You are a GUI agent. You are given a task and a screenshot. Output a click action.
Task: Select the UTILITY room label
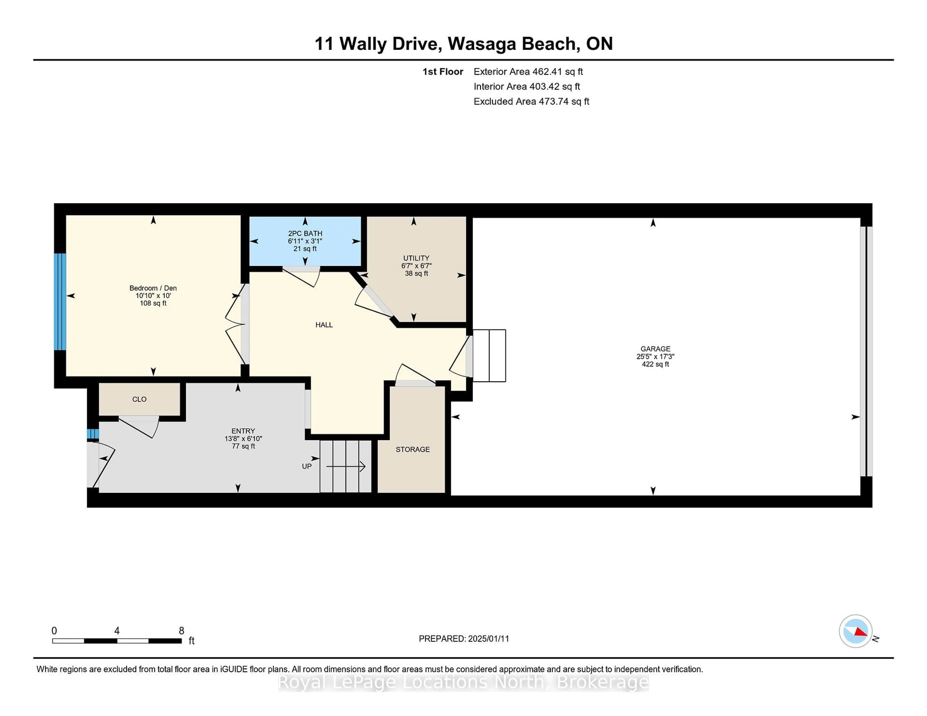tap(416, 258)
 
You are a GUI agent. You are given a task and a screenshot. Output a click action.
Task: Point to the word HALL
tap(324, 325)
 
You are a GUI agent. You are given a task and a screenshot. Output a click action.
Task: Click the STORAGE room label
tap(413, 449)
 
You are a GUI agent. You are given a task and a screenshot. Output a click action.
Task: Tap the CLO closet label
tap(139, 399)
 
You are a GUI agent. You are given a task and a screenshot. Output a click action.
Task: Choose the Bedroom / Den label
tap(153, 288)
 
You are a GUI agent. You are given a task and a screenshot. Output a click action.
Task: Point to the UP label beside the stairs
tap(306, 466)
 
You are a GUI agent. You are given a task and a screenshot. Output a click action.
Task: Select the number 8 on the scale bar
tap(181, 631)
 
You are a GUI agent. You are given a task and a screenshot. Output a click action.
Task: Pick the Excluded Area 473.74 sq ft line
tap(531, 101)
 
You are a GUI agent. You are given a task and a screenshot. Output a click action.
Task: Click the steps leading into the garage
tap(489, 355)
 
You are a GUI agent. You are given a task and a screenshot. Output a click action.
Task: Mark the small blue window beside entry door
tap(92, 434)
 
